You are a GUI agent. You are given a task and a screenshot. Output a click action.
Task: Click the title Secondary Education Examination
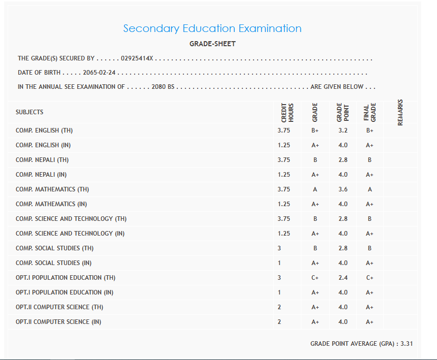212,28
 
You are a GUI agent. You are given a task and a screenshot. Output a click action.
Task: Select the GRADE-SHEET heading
212,44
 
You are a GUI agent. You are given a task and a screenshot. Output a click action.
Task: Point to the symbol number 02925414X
137,59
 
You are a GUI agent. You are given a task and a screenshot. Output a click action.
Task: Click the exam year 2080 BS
163,87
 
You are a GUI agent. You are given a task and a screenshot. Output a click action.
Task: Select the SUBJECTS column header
29,112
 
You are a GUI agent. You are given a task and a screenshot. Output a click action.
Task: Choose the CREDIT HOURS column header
288,112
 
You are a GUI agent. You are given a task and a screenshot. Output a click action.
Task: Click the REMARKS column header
400,112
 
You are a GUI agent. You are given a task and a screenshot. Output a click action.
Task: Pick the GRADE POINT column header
342,112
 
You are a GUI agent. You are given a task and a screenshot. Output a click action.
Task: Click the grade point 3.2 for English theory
343,130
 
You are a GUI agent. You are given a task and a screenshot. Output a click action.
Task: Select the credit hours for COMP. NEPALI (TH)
284,160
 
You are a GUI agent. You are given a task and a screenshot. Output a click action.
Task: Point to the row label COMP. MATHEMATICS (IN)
51,204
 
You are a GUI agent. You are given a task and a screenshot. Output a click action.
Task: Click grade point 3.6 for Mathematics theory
343,189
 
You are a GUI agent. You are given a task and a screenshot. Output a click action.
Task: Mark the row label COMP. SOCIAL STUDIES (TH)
55,248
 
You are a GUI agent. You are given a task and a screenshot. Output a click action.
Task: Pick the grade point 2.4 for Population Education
343,278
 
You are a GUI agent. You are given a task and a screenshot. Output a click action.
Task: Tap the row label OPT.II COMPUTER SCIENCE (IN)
58,322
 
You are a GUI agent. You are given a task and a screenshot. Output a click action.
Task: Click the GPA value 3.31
407,344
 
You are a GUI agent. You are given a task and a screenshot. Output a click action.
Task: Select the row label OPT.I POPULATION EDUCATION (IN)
65,292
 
